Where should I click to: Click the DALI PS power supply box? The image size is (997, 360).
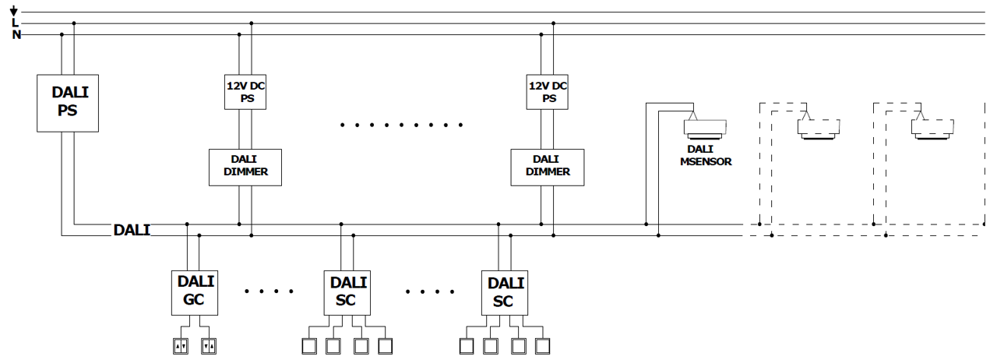pyautogui.click(x=68, y=101)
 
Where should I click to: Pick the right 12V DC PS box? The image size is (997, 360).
pyautogui.click(x=548, y=91)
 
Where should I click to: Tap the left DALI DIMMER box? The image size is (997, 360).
pyautogui.click(x=245, y=166)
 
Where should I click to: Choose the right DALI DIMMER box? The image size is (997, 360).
pyautogui.click(x=546, y=166)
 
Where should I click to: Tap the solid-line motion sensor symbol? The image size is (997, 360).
pyautogui.click(x=704, y=129)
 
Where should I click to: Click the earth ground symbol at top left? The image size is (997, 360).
pyautogui.click(x=14, y=11)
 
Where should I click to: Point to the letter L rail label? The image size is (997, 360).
pyautogui.click(x=15, y=23)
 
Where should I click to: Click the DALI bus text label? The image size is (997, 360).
pyautogui.click(x=131, y=230)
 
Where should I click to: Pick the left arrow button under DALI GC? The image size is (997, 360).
pyautogui.click(x=181, y=344)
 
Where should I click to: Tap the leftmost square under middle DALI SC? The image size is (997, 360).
pyautogui.click(x=308, y=344)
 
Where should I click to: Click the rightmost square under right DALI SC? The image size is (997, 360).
pyautogui.click(x=543, y=344)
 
